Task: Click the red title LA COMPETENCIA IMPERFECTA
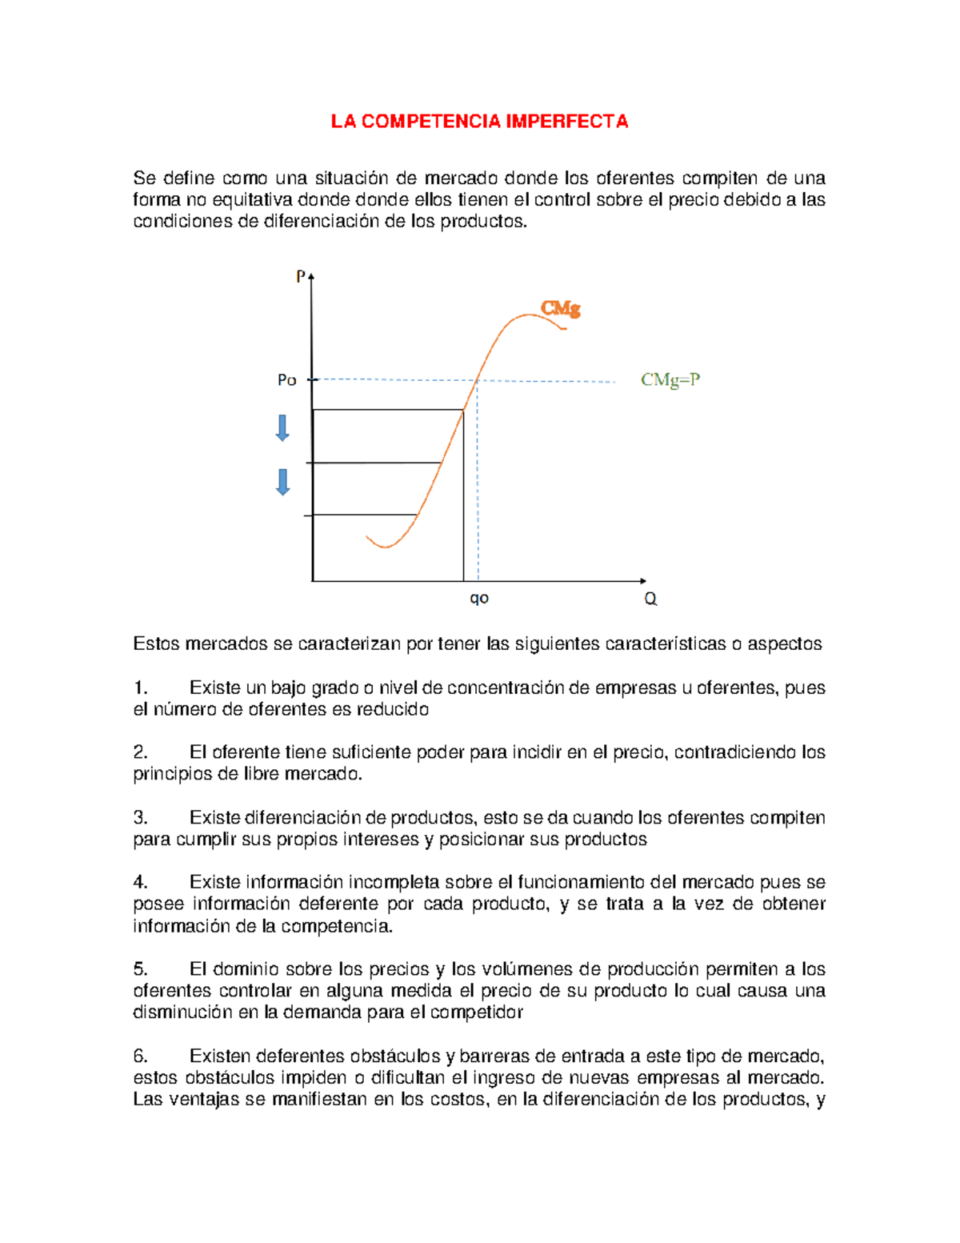tap(480, 122)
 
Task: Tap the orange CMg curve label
tap(560, 308)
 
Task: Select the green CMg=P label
tap(670, 379)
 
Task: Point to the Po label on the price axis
tap(286, 380)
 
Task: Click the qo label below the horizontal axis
tap(479, 598)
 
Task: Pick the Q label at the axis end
tap(650, 599)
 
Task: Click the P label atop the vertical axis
tap(301, 276)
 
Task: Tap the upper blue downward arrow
tap(282, 427)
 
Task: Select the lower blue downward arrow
tap(282, 482)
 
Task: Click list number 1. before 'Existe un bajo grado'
tap(141, 688)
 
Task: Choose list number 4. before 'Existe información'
tap(141, 882)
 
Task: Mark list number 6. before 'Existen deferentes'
tap(141, 1056)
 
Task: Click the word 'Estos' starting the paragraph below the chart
tap(156, 644)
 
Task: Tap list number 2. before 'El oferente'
tap(141, 752)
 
